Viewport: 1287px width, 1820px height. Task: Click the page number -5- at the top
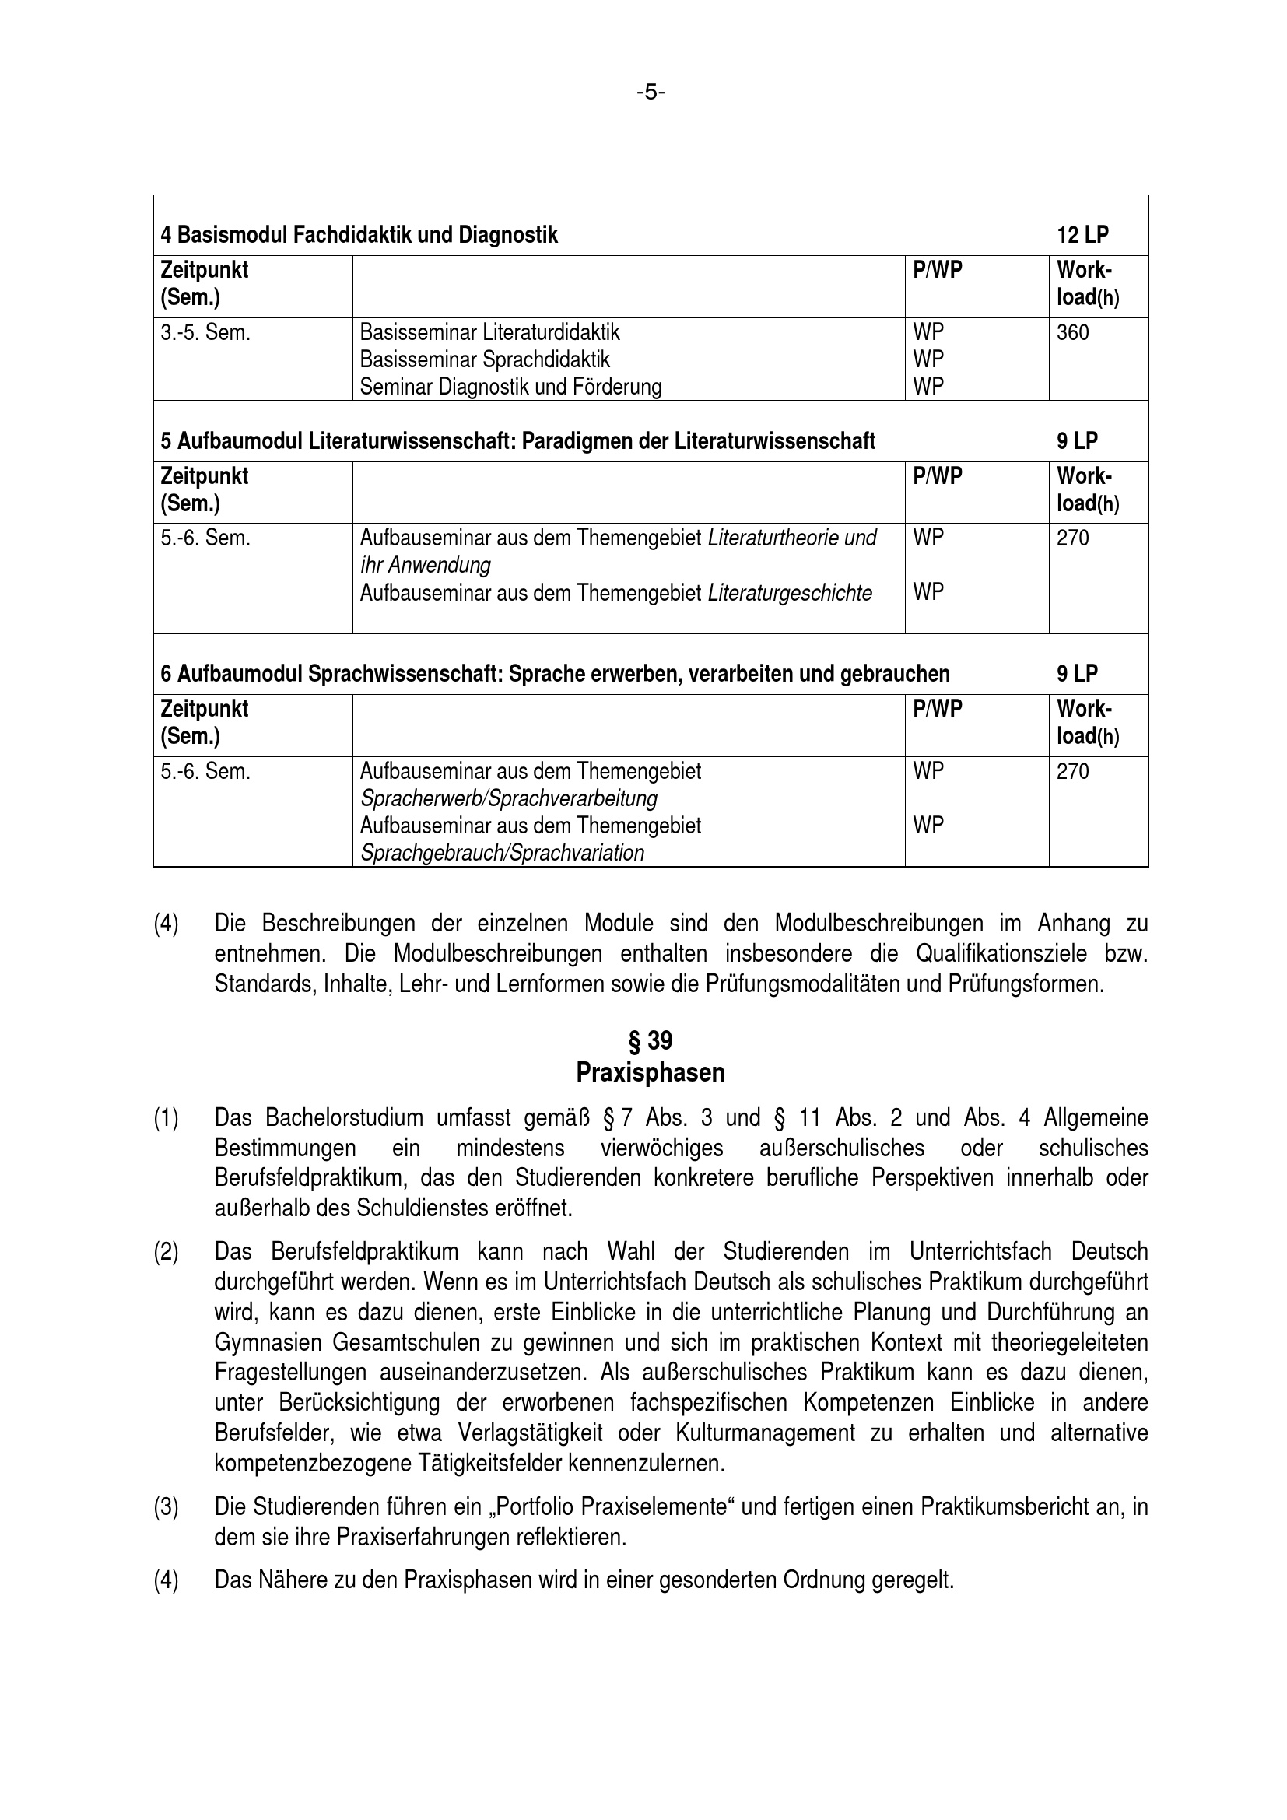tap(650, 93)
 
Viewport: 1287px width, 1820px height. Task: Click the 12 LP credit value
tap(1082, 235)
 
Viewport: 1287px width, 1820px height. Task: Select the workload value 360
tap(1072, 332)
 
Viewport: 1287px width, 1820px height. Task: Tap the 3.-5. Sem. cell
tap(205, 332)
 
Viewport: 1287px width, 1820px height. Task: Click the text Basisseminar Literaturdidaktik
tap(489, 332)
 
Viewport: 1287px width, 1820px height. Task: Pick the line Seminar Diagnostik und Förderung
tap(510, 387)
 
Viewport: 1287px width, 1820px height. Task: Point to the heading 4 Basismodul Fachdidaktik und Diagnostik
tap(359, 235)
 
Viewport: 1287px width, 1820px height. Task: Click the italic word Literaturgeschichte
tap(789, 593)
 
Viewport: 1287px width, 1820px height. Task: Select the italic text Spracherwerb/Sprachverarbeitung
tap(509, 798)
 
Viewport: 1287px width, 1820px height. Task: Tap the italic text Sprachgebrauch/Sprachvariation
tap(502, 853)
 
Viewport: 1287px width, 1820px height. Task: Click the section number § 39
tap(650, 1040)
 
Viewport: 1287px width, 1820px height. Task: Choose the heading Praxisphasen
tap(650, 1072)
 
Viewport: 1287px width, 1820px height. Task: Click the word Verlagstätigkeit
tap(530, 1433)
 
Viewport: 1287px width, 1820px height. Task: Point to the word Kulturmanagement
tap(766, 1433)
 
